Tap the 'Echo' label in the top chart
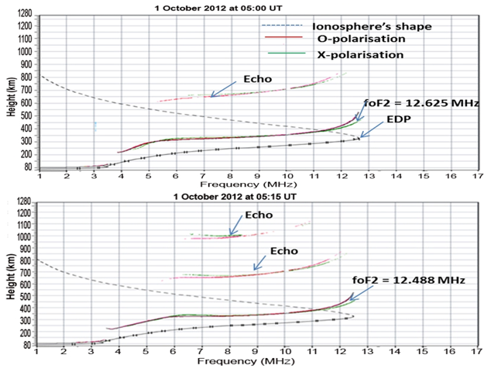coord(258,79)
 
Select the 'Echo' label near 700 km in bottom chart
coord(285,250)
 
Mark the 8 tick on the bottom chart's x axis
coord(229,352)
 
